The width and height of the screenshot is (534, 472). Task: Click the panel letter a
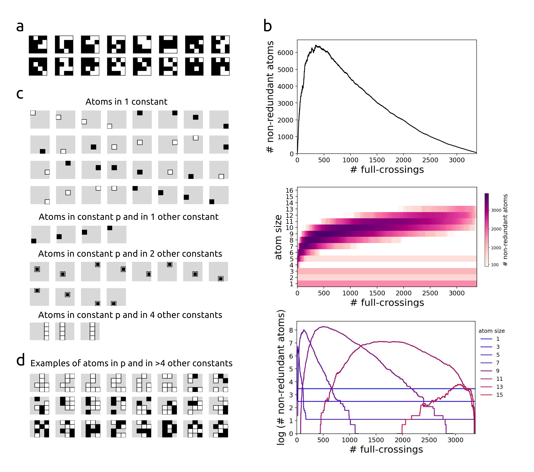coord(20,27)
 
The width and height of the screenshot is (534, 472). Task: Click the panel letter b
coord(268,26)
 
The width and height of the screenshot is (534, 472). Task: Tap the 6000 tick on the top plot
coord(285,53)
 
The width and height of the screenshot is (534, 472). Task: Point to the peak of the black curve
coord(316,45)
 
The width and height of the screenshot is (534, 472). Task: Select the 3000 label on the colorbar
coord(496,210)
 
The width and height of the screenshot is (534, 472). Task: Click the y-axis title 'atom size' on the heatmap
coord(279,237)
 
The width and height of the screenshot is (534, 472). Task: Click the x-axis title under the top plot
coord(387,170)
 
